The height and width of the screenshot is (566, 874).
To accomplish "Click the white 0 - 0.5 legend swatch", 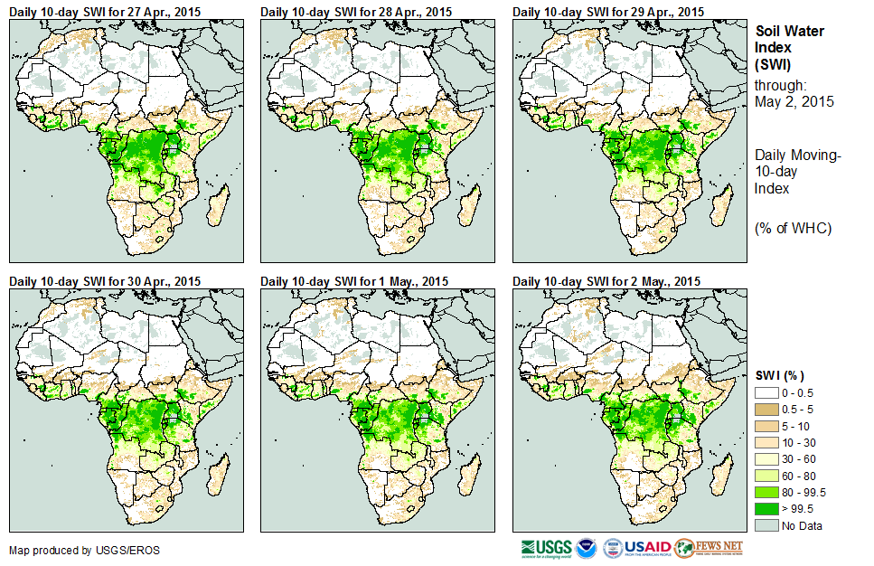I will pos(767,393).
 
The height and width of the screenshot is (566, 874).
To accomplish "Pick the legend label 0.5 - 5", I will pos(800,410).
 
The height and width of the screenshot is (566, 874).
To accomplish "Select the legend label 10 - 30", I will pos(800,443).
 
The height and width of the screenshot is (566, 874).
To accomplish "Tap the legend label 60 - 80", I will pos(800,476).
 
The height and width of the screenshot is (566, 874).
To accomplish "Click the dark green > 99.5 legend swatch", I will pos(767,509).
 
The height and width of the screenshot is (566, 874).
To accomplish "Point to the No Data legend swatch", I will pos(767,525).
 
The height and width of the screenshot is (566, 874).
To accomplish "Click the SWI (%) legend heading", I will pos(779,375).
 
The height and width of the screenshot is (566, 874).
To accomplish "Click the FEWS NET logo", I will pos(709,548).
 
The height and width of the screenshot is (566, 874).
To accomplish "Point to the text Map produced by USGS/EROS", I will pos(62,550).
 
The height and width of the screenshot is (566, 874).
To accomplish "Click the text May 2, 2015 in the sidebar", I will pos(794,101).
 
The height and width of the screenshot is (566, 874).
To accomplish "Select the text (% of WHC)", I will pos(793,228).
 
